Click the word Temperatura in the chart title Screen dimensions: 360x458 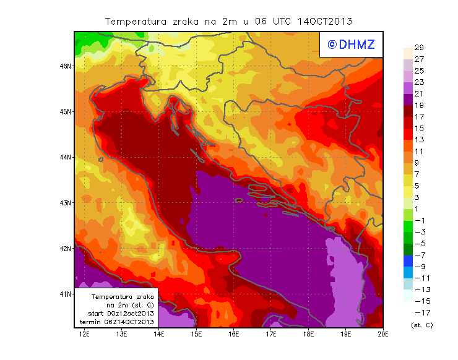pyautogui.click(x=134, y=21)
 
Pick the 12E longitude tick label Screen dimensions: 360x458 pyautogui.click(x=84, y=334)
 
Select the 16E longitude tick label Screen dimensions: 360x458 pyautogui.click(x=234, y=334)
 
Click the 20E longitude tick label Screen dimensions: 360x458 pyautogui.click(x=383, y=334)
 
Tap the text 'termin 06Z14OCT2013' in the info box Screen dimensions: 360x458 pyautogui.click(x=117, y=322)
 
